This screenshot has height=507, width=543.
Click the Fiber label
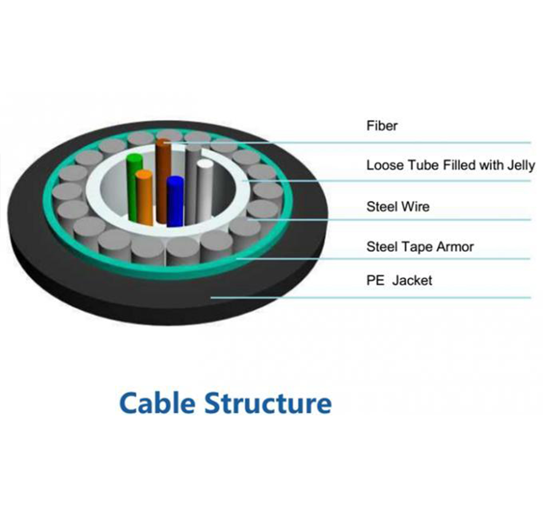pyautogui.click(x=381, y=126)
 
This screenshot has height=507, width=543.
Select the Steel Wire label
pyautogui.click(x=398, y=207)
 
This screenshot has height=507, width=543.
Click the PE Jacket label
pyautogui.click(x=399, y=280)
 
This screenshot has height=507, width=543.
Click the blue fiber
pyautogui.click(x=175, y=201)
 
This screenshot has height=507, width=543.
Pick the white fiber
pyautogui.click(x=205, y=191)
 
